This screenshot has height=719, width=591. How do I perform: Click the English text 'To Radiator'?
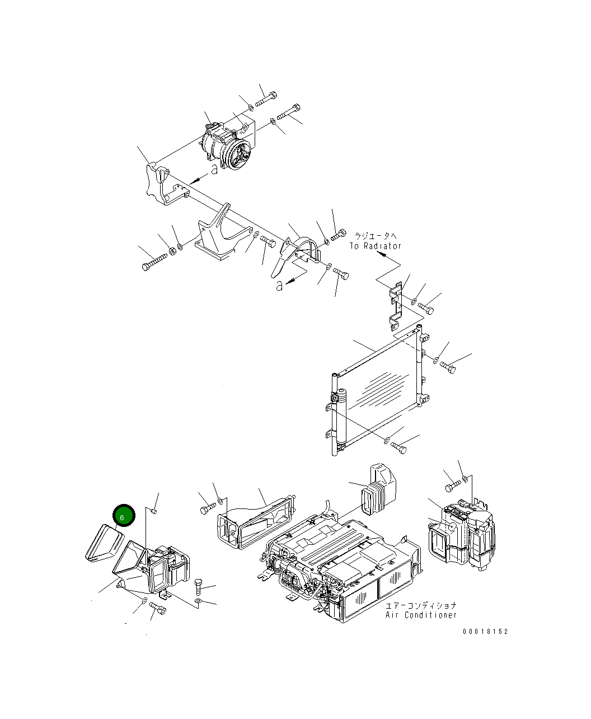pyautogui.click(x=376, y=246)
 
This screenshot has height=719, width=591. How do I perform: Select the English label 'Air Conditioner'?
pyautogui.click(x=421, y=615)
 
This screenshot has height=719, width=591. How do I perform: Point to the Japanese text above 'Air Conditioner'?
pyautogui.click(x=421, y=606)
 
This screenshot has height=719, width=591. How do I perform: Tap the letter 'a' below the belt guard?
pyautogui.click(x=279, y=286)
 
